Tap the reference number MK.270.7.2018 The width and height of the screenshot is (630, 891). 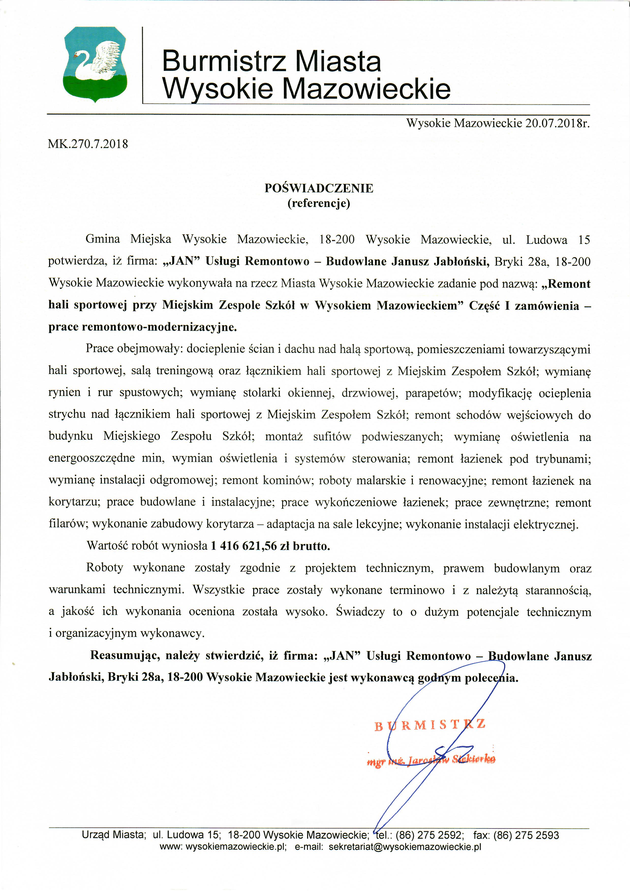click(x=88, y=144)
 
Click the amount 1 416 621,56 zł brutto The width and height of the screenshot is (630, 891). click(x=270, y=546)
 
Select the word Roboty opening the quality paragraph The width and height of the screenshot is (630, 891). click(x=104, y=568)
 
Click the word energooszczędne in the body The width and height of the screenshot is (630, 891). click(x=91, y=459)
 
